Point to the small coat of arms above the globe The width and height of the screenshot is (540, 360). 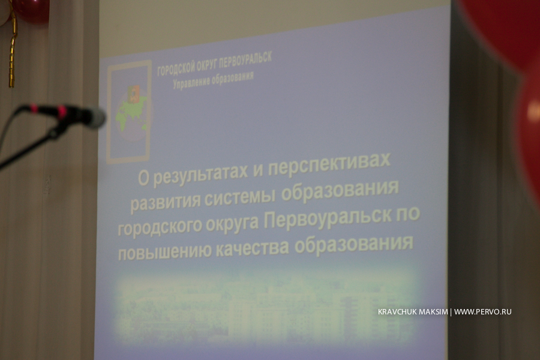tap(133, 94)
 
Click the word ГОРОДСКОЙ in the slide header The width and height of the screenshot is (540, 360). tap(176, 68)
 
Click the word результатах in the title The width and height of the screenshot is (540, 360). tap(200, 174)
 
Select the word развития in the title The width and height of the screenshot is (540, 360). tap(166, 202)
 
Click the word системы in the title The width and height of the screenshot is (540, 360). tap(240, 197)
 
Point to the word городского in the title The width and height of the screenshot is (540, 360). tap(160, 227)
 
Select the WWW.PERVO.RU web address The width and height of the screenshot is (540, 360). tap(482, 312)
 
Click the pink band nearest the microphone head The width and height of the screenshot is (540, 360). tap(62, 112)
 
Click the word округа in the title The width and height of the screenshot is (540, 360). tap(232, 224)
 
